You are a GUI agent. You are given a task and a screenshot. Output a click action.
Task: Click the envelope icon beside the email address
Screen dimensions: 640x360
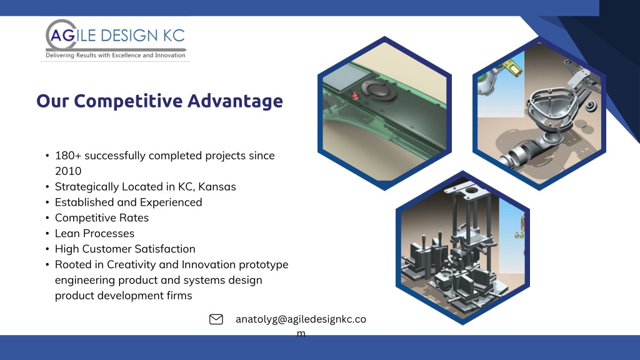click(x=216, y=319)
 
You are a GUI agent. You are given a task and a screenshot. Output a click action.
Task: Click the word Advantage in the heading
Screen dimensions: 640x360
click(x=235, y=101)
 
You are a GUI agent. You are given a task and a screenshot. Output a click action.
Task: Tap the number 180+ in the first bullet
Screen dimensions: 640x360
click(x=68, y=156)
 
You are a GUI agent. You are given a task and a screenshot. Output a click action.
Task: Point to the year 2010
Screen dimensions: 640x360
click(x=68, y=171)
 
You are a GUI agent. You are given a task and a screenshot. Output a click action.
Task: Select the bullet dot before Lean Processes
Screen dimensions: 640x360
click(x=47, y=234)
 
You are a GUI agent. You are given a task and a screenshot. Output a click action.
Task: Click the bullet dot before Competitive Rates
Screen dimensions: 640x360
click(x=47, y=218)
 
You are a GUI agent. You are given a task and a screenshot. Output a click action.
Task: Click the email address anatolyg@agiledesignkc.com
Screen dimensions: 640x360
click(x=301, y=326)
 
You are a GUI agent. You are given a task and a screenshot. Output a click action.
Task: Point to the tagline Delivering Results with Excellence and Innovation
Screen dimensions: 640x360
click(x=116, y=55)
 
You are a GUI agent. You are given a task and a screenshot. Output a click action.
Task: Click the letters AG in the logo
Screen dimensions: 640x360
click(x=63, y=36)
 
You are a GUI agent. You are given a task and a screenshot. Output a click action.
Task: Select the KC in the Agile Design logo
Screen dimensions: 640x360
click(x=174, y=36)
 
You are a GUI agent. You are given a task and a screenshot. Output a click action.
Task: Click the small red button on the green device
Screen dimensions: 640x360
click(x=355, y=96)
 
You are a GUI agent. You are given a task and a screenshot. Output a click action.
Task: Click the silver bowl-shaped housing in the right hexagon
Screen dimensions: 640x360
click(x=549, y=109)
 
